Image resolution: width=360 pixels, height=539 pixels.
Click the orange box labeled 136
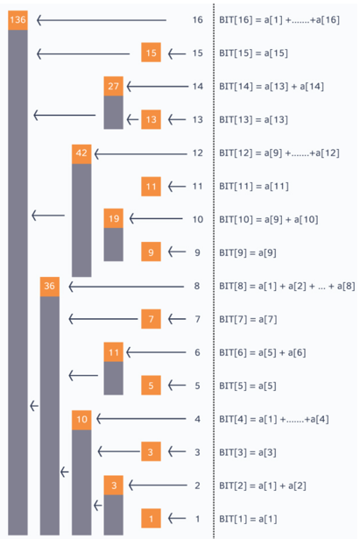(18, 20)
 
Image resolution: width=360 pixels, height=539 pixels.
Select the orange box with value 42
(81, 154)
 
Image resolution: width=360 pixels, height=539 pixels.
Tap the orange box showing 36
(49, 287)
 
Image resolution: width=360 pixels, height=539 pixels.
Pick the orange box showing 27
(113, 86)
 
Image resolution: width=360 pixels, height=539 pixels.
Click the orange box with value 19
(113, 218)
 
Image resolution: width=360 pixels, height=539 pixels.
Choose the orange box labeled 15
(152, 53)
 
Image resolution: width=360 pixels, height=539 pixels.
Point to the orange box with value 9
(152, 252)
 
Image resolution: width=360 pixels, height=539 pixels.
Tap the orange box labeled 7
(152, 319)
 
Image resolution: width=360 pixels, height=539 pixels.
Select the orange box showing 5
(152, 386)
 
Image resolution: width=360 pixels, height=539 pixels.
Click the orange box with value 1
(152, 518)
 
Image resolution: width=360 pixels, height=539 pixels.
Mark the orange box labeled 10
(81, 420)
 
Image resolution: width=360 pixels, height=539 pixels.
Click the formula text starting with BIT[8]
(287, 287)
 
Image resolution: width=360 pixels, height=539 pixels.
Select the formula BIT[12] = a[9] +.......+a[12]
(279, 153)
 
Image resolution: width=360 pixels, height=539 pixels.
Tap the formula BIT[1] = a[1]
(248, 519)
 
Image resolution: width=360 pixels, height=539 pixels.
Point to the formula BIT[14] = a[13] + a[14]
(272, 87)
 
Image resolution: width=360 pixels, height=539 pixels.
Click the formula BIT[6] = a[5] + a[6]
(263, 352)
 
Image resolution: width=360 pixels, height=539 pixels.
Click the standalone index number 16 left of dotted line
(198, 20)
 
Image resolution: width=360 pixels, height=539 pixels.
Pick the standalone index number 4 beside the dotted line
(198, 419)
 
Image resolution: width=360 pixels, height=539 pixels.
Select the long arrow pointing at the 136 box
(102, 20)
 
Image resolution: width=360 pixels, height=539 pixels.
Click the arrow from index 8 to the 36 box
(126, 287)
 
